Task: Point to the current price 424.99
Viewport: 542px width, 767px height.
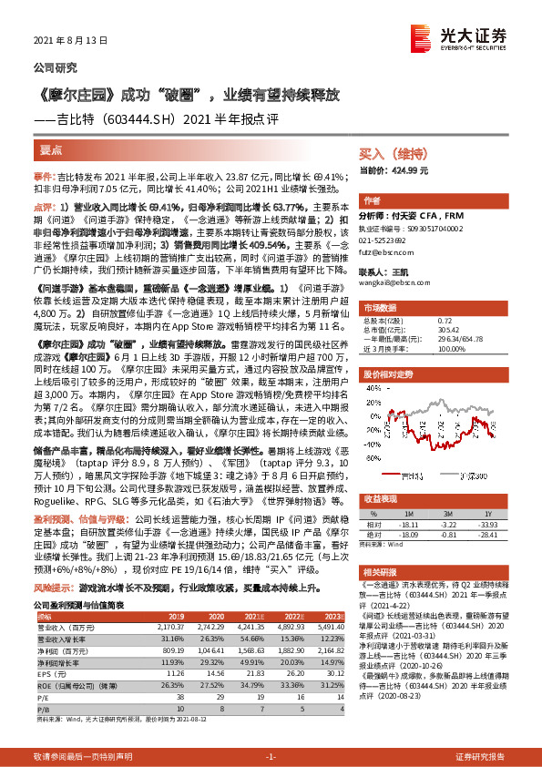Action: pyautogui.click(x=412, y=170)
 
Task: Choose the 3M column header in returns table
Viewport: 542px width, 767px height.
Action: pyautogui.click(x=462, y=514)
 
